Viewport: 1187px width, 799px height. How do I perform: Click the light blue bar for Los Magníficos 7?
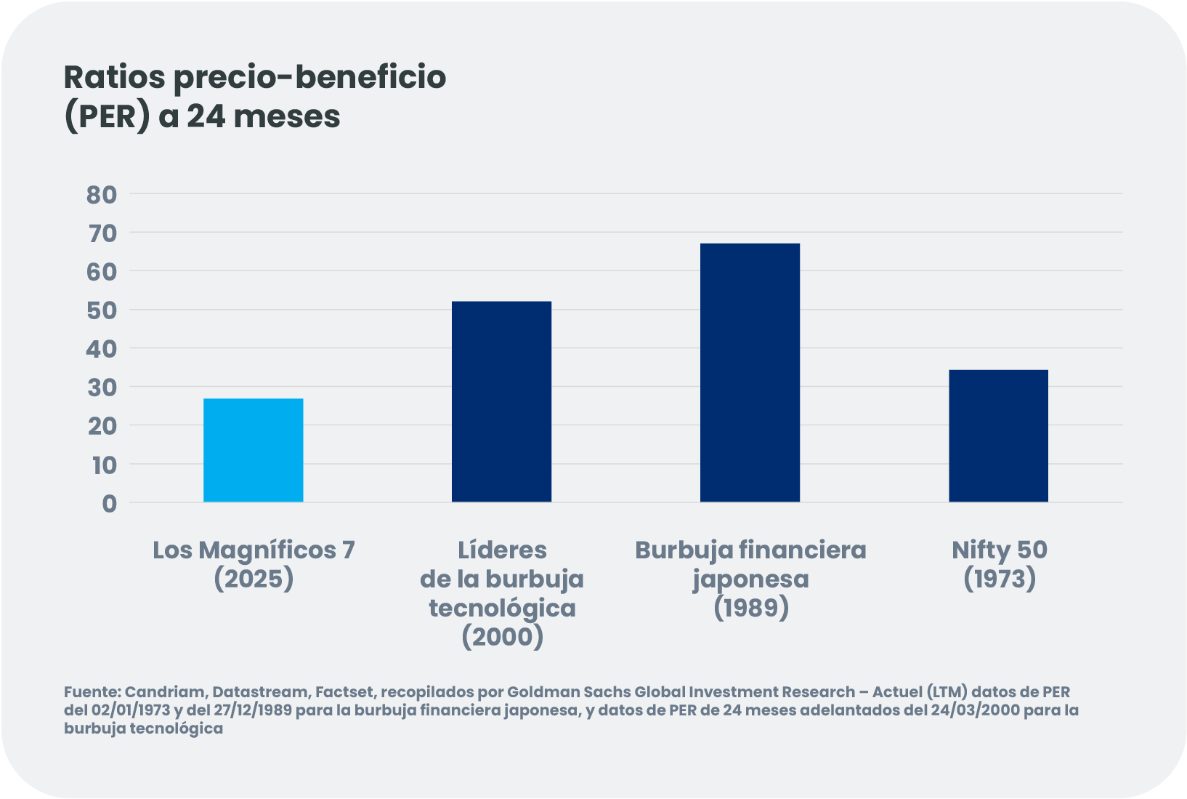[x=253, y=450]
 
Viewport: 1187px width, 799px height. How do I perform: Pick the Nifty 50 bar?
[x=998, y=435]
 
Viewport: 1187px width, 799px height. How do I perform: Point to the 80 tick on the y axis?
[x=102, y=194]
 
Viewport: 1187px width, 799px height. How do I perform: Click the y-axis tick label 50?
[x=102, y=310]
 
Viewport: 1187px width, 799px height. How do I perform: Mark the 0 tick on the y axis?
[x=109, y=503]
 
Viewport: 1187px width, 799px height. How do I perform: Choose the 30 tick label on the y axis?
[x=102, y=388]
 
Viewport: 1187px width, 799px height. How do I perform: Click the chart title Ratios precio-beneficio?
[x=254, y=76]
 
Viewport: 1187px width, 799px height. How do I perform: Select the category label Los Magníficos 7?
[x=254, y=550]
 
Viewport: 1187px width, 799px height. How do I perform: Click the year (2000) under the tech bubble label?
[x=502, y=637]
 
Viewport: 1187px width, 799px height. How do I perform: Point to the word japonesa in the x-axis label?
[x=750, y=579]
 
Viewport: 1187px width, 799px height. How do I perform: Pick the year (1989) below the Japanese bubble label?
[x=750, y=608]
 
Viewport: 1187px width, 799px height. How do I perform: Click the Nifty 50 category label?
[x=1000, y=550]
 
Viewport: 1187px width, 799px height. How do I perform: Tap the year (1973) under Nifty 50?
[x=1000, y=579]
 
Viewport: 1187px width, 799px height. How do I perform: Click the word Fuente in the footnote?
[x=91, y=691]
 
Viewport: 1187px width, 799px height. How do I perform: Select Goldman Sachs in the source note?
[x=569, y=691]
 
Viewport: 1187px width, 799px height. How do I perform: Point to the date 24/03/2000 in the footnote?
[x=974, y=710]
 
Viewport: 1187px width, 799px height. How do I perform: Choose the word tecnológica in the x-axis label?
[x=502, y=608]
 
